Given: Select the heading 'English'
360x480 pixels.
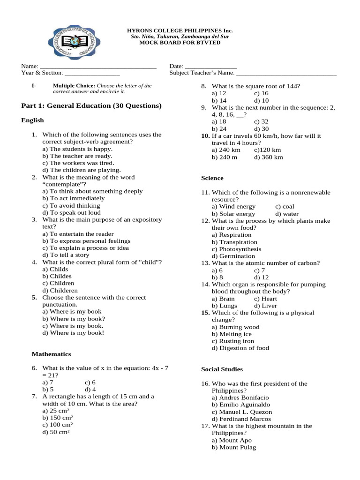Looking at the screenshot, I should point(32,120).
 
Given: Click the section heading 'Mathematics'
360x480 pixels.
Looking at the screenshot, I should point(51,354).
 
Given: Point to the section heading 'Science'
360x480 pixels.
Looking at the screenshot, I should point(212,178).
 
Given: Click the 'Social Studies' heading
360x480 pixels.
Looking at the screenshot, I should point(222,369).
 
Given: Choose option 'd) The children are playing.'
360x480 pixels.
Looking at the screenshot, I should point(82,170).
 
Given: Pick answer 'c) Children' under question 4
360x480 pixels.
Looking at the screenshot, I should point(58,284).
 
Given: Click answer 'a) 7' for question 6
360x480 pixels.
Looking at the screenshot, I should point(48,382).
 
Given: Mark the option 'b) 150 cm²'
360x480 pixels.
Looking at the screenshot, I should point(58,418).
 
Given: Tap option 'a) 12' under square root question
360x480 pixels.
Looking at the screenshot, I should point(219,93).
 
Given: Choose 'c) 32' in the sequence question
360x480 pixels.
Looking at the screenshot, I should point(261,121).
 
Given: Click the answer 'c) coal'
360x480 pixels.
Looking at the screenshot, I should point(285,207).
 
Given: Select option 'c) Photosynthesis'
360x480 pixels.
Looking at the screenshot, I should point(236,249).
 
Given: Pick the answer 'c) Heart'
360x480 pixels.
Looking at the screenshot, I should point(265,299).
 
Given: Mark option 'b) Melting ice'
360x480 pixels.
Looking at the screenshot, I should point(232,334).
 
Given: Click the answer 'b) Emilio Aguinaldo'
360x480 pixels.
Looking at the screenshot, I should point(241,405).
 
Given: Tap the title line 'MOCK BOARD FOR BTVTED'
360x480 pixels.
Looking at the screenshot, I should point(180,43).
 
